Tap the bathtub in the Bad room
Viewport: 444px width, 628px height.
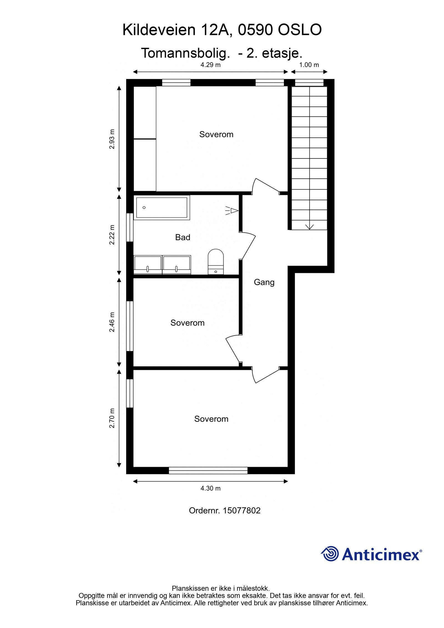[162, 208]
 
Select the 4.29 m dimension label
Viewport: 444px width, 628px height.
[210, 65]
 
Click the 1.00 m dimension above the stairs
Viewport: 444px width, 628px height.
[309, 65]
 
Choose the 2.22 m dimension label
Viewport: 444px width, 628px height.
[112, 234]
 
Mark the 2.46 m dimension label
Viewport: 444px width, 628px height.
[112, 322]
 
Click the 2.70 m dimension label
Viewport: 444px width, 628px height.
[112, 418]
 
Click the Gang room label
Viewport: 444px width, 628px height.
[264, 283]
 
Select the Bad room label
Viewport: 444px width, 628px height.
[183, 237]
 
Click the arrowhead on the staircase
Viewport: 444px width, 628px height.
[309, 227]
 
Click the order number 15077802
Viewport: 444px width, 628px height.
[241, 511]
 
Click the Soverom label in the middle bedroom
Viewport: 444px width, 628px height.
[187, 323]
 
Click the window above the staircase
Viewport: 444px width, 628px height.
[309, 83]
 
